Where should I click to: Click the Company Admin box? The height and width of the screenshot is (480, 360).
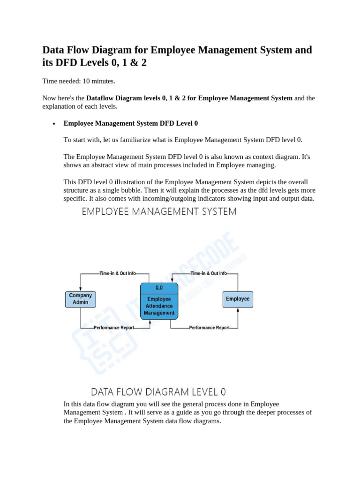(x=81, y=299)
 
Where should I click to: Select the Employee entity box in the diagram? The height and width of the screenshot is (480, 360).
(x=238, y=299)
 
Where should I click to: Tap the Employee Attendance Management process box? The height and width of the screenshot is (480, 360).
(x=159, y=305)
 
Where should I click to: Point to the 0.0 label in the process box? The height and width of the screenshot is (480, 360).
(x=159, y=288)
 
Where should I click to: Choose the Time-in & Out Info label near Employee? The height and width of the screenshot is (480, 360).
(x=209, y=273)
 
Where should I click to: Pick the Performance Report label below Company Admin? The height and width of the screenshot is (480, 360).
(x=114, y=328)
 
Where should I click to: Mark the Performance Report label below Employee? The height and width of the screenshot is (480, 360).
(x=210, y=328)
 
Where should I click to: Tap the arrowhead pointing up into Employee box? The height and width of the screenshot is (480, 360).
(x=238, y=310)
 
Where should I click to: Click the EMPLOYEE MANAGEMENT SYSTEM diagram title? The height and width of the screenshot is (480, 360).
(x=159, y=212)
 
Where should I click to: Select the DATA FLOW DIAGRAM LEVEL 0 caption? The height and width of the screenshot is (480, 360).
(x=158, y=391)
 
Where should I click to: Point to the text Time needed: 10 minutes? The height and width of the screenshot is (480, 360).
(x=79, y=81)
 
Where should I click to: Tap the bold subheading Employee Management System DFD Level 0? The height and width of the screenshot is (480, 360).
(x=131, y=123)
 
